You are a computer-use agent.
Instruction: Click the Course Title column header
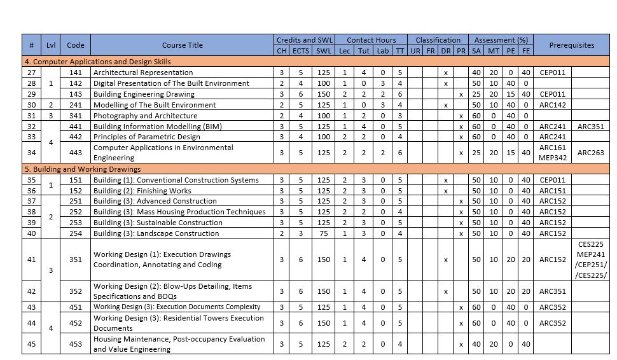tap(182, 45)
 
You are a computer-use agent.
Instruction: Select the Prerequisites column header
tap(571, 45)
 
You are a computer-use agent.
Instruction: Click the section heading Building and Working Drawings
tap(83, 169)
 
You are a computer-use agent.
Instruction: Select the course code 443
tap(75, 153)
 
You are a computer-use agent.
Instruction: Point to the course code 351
tap(75, 260)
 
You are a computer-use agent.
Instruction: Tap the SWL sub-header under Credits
tap(324, 51)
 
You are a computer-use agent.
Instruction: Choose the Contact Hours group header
tap(371, 40)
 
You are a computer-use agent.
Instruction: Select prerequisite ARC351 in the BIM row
tap(590, 127)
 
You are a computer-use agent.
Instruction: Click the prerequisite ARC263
tap(590, 153)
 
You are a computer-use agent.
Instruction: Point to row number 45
tap(31, 344)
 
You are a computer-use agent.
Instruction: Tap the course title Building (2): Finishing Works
tap(142, 191)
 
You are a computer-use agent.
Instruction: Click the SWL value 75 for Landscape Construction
tap(324, 233)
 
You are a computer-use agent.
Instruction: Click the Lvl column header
tap(51, 45)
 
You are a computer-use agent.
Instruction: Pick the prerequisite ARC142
tap(552, 105)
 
